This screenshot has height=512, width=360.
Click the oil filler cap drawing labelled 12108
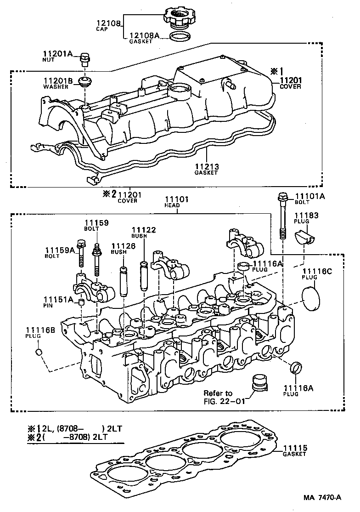[179, 18]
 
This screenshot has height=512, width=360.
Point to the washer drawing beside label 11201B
[84, 82]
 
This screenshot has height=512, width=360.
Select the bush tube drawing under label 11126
[123, 280]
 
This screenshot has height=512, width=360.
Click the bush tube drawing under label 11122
[143, 276]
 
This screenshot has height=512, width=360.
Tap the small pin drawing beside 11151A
[81, 302]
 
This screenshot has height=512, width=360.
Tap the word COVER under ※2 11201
[127, 201]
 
